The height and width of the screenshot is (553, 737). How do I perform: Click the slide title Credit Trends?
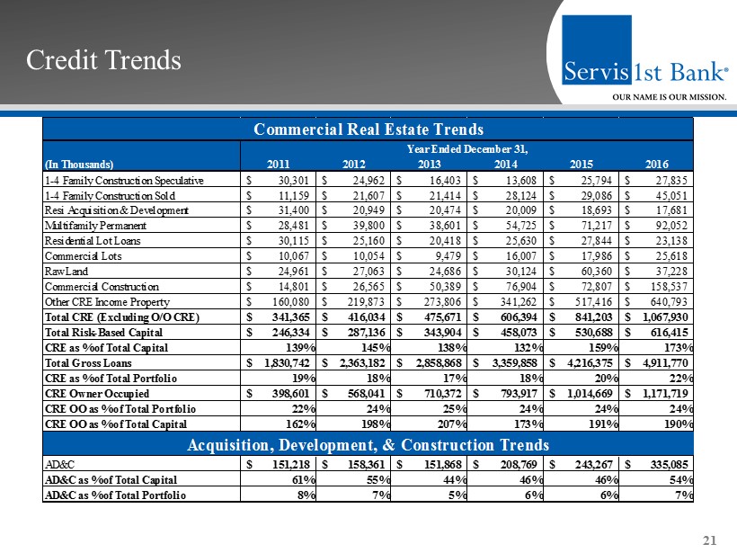[103, 60]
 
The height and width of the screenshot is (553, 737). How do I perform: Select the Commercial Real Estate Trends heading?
[368, 129]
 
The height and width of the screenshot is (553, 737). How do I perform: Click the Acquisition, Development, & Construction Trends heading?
[368, 445]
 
